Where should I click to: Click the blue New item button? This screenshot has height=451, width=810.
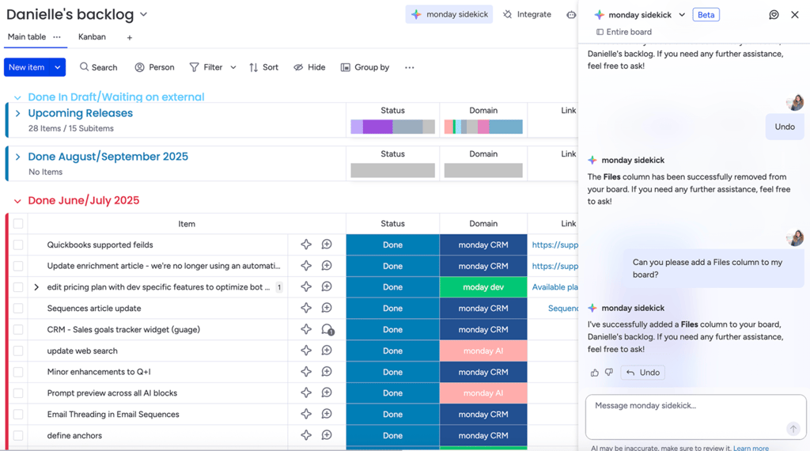tap(26, 67)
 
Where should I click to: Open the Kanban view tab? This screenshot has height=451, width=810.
tap(92, 37)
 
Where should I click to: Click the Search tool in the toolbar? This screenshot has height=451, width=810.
tap(98, 67)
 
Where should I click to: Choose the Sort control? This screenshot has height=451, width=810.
tap(263, 67)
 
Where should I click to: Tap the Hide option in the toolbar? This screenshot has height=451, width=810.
tap(309, 67)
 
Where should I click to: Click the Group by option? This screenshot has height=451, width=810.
tap(365, 67)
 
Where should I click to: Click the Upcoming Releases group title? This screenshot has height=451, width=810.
tap(80, 113)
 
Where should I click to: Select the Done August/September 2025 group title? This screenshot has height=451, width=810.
tap(108, 157)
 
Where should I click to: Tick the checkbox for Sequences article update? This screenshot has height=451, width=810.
tap(18, 309)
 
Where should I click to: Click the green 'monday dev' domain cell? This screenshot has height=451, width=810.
tap(483, 287)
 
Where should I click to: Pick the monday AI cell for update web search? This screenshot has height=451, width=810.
tap(483, 351)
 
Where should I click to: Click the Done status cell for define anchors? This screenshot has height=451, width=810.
tap(392, 435)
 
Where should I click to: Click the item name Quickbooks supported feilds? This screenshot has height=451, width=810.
tap(100, 245)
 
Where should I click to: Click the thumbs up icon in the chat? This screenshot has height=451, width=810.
tap(595, 373)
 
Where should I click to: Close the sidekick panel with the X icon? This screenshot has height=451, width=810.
tap(795, 14)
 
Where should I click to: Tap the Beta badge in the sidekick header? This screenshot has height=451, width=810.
tap(706, 14)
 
